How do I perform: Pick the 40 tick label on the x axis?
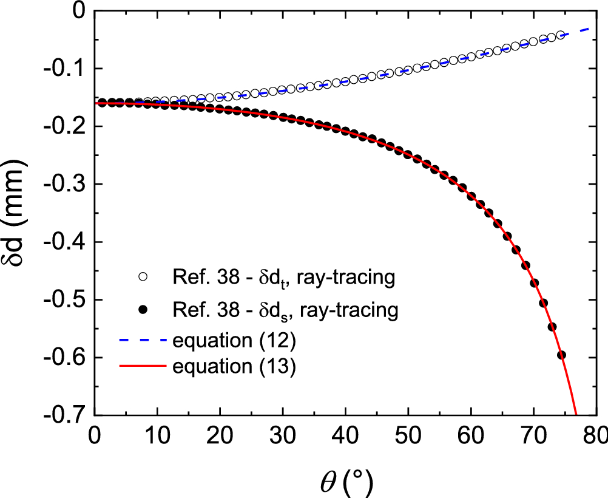click(345, 437)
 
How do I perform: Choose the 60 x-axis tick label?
click(470, 437)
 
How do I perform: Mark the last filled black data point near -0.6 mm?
click(561, 355)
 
